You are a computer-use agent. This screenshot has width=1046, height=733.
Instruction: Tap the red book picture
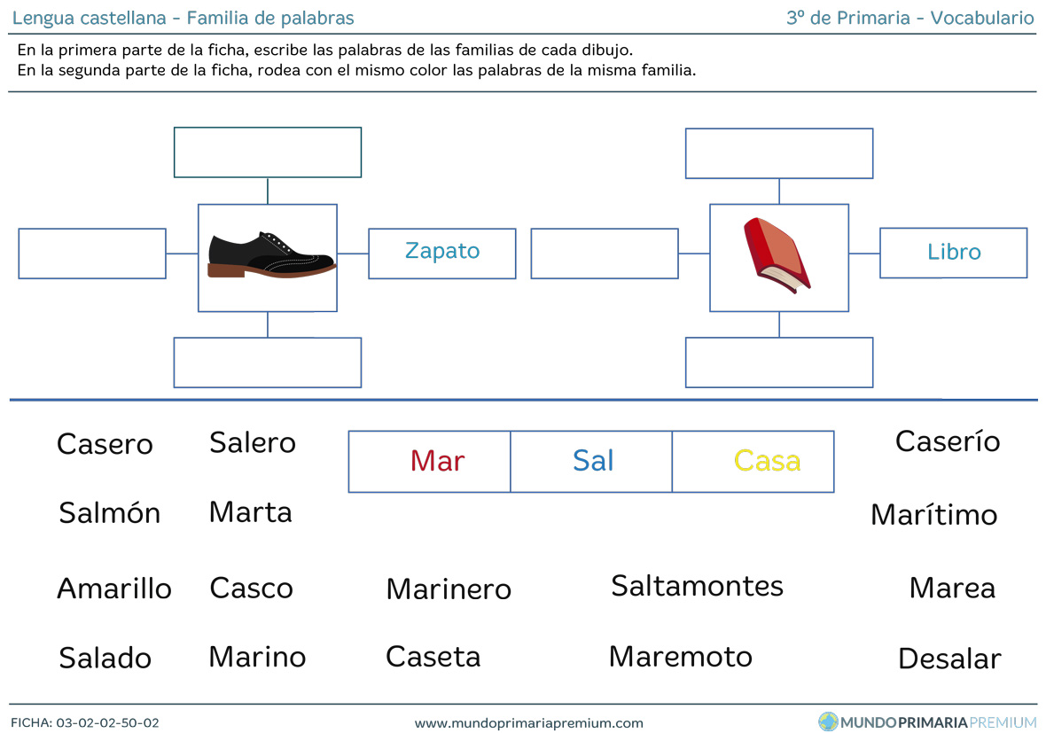(x=777, y=255)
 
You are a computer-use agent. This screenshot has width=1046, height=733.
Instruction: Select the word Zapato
(x=442, y=251)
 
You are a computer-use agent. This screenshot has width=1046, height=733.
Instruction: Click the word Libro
(x=954, y=252)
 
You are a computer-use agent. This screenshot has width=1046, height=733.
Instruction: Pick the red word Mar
(x=438, y=461)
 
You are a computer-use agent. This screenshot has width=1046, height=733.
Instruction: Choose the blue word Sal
(x=593, y=461)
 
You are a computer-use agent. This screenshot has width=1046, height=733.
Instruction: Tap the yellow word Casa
(x=767, y=461)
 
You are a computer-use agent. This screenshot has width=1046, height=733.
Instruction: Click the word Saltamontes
(x=697, y=586)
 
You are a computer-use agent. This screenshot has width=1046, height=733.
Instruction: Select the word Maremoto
(x=681, y=657)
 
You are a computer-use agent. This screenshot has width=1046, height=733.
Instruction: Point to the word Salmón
(x=109, y=513)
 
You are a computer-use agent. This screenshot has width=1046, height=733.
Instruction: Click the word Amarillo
(x=114, y=589)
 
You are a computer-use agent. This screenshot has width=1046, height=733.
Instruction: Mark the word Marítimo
(x=934, y=515)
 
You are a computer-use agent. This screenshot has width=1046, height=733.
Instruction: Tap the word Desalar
(x=949, y=659)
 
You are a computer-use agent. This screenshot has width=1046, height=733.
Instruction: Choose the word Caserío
(x=948, y=441)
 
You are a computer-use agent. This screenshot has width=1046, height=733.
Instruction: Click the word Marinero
(x=449, y=589)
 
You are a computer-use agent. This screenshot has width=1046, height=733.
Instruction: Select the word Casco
(x=252, y=589)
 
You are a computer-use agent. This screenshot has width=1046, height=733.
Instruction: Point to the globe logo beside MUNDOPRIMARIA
(x=828, y=721)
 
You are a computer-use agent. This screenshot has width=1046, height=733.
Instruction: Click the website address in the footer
(x=529, y=723)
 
